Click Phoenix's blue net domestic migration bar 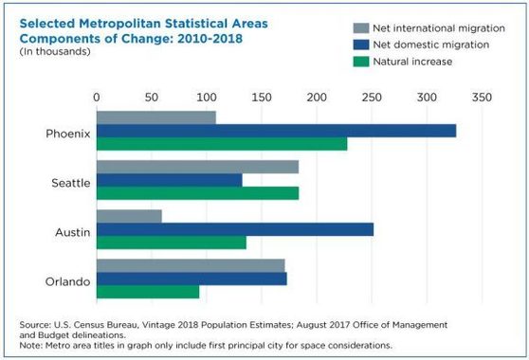(x=276, y=131)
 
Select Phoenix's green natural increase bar (x=222, y=144)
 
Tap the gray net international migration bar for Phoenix (x=155, y=117)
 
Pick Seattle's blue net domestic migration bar (x=169, y=180)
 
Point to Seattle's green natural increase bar (x=197, y=193)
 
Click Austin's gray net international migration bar (x=129, y=216)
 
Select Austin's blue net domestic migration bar (x=235, y=229)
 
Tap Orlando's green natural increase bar (x=148, y=292)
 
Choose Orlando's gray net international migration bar (x=191, y=265)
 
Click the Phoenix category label (x=68, y=134)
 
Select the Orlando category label (x=69, y=280)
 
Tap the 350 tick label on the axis (x=481, y=98)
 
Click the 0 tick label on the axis (x=97, y=98)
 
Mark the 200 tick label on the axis (x=317, y=98)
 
